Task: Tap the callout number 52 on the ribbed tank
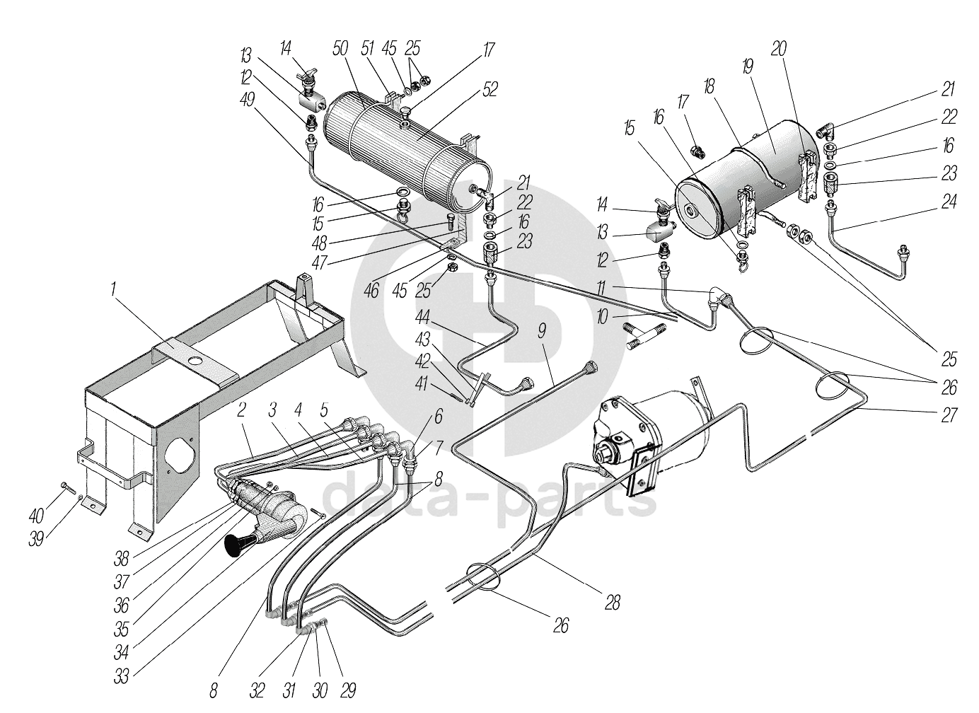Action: pyautogui.click(x=489, y=89)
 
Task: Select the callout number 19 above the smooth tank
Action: pyautogui.click(x=748, y=67)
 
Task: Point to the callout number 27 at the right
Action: pyautogui.click(x=949, y=415)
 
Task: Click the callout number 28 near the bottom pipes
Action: pyautogui.click(x=613, y=603)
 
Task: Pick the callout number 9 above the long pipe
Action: pyautogui.click(x=542, y=332)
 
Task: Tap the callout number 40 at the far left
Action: pyautogui.click(x=37, y=516)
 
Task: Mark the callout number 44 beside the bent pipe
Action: pyautogui.click(x=422, y=318)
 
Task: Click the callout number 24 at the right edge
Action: pyautogui.click(x=949, y=202)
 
